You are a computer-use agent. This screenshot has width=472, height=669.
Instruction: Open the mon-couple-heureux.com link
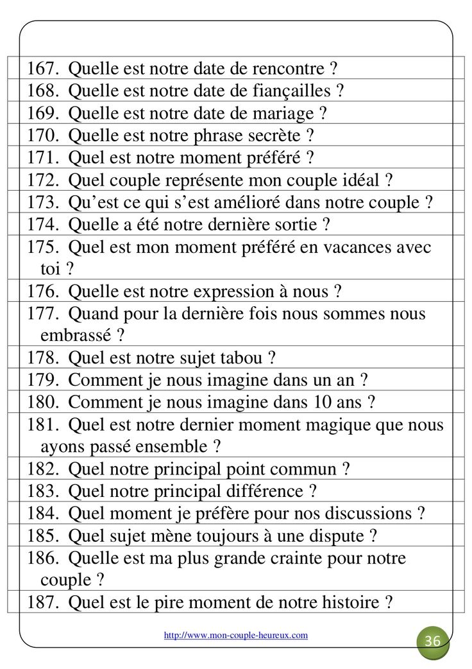[x=235, y=635]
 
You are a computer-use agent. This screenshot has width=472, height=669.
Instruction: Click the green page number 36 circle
[x=433, y=641]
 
